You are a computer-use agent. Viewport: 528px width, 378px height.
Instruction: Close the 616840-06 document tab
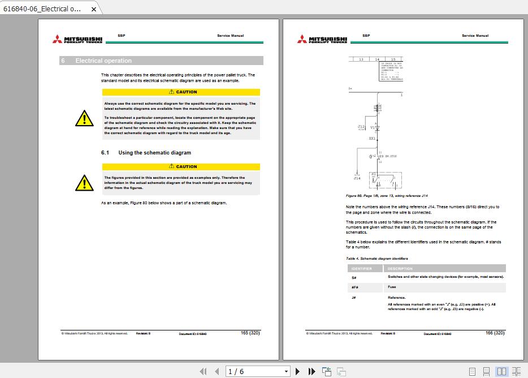coord(94,9)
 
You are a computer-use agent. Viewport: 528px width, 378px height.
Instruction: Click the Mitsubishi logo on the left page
coord(77,38)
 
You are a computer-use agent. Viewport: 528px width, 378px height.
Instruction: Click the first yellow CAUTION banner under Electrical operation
coord(181,92)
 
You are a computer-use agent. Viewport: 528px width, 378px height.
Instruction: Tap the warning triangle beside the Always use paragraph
coord(84,118)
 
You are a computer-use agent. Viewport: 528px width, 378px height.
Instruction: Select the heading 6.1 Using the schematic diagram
coord(146,153)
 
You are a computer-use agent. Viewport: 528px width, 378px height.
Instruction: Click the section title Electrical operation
coord(103,61)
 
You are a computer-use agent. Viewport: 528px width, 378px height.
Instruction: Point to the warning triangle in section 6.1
coord(84,182)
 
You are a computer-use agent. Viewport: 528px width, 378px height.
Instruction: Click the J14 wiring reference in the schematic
coord(357,178)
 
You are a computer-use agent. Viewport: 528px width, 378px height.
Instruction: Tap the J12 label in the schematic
coord(361,127)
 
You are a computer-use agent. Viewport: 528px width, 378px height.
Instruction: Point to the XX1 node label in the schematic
coord(371,138)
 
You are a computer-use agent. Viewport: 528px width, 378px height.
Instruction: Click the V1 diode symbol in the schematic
coord(377,128)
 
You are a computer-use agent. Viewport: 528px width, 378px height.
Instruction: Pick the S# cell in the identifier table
coord(354,277)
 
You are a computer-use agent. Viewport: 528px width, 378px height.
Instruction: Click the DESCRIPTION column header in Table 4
coord(400,269)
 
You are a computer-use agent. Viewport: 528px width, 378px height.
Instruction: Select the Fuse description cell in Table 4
coord(392,287)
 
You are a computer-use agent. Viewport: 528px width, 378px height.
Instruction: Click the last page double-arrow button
coord(311,371)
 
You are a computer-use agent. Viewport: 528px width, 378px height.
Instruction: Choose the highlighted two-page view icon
coord(501,371)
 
